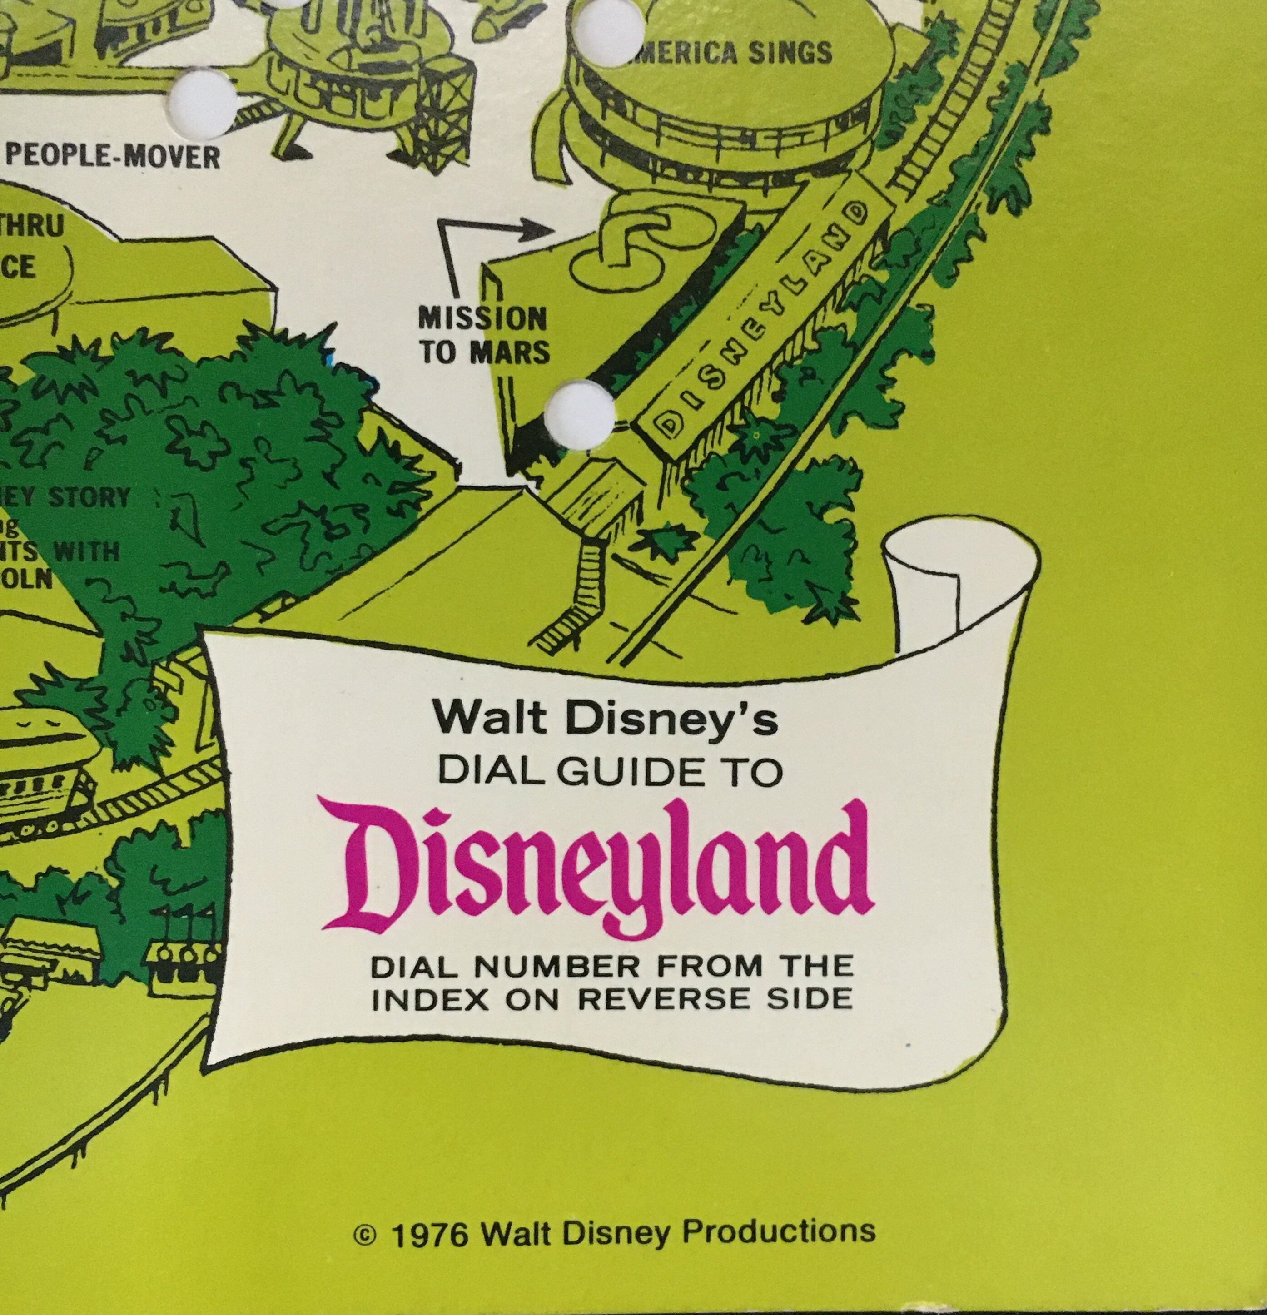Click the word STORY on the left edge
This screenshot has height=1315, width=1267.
point(89,498)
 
